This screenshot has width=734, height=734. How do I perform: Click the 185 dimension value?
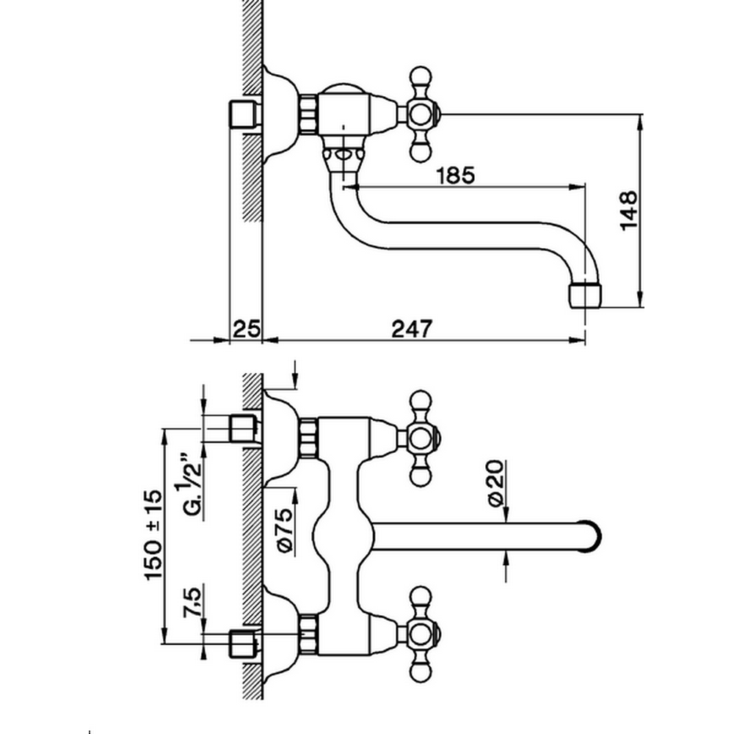tap(455, 175)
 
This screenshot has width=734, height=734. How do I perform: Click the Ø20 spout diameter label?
tap(496, 482)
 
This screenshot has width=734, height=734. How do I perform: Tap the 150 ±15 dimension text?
tap(153, 537)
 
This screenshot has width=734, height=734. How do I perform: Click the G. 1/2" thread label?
tap(192, 488)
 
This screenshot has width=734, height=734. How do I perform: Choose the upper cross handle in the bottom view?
tap(420, 438)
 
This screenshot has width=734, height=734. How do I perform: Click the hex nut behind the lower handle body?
tap(309, 634)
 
